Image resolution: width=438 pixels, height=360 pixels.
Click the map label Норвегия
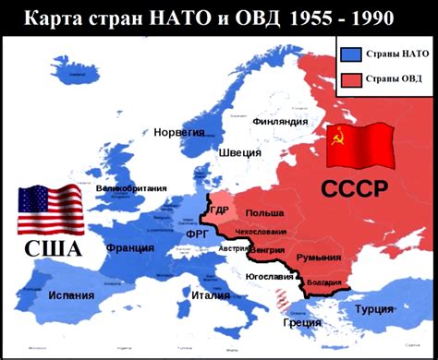click(x=179, y=133)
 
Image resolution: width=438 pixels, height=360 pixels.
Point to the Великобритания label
click(x=133, y=188)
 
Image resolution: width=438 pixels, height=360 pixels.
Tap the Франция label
click(x=129, y=247)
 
